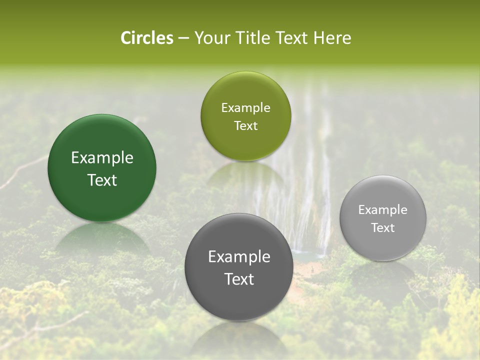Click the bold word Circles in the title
(147, 38)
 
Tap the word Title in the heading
(251, 38)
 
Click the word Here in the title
(332, 38)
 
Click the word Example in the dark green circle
(102, 158)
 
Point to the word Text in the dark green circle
(102, 180)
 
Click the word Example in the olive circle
(245, 108)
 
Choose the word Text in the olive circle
(245, 126)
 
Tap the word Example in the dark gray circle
(239, 257)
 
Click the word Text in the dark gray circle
(239, 279)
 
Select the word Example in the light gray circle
(383, 210)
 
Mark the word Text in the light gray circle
(383, 228)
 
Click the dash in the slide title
(183, 38)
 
